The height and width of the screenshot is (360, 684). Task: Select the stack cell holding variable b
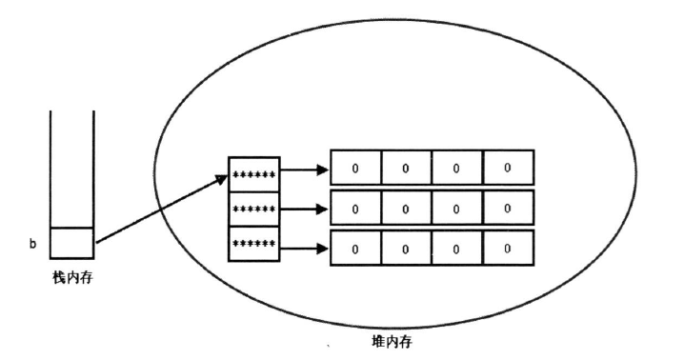pyautogui.click(x=71, y=243)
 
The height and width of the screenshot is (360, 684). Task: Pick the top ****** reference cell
pyautogui.click(x=253, y=174)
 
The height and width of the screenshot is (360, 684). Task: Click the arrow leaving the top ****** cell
pyautogui.click(x=304, y=172)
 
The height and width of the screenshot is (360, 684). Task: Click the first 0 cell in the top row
pyautogui.click(x=355, y=168)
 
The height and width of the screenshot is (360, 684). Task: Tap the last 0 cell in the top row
pyautogui.click(x=508, y=168)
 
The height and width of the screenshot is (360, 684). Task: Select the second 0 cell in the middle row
pyautogui.click(x=406, y=208)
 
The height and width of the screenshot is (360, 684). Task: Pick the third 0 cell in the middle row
pyautogui.click(x=456, y=208)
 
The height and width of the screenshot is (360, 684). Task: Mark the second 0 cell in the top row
pyautogui.click(x=406, y=168)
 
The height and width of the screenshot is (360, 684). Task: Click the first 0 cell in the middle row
pyautogui.click(x=355, y=208)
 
